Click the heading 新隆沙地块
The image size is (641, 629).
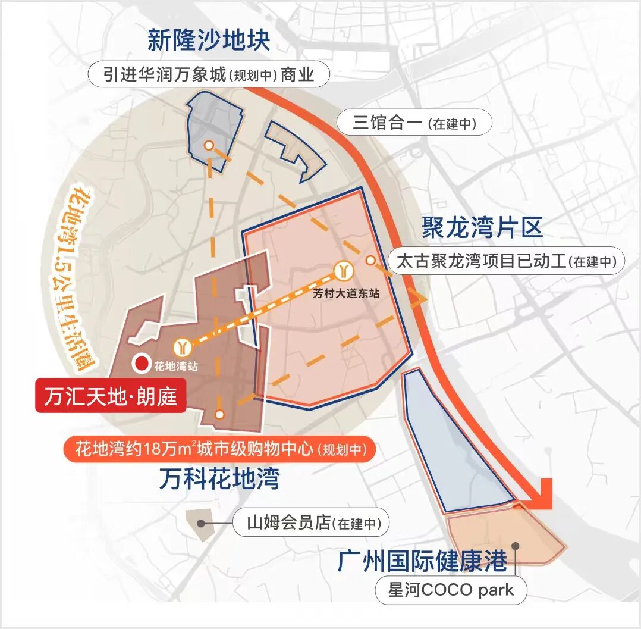click(209, 40)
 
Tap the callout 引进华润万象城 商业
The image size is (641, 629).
click(209, 76)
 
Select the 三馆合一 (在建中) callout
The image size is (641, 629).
click(414, 123)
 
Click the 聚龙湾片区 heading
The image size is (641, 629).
click(482, 228)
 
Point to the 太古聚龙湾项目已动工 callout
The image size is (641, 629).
click(506, 261)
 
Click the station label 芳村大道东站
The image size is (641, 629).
click(346, 293)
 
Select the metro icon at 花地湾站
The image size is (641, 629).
click(181, 347)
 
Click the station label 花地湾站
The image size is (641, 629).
click(175, 366)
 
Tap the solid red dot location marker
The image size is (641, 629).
click(142, 363)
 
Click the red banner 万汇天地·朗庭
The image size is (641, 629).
click(111, 396)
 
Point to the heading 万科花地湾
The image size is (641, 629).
click(219, 478)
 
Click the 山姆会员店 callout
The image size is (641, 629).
click(310, 524)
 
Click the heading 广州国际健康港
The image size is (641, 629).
click(423, 561)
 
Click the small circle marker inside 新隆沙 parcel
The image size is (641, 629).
click(208, 145)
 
